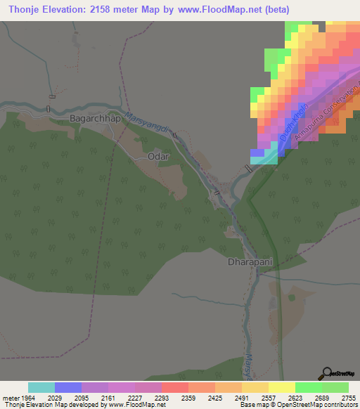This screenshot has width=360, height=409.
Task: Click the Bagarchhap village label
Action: click(95, 119)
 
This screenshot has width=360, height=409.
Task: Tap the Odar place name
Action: click(158, 157)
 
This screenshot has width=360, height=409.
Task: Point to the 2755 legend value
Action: click(348, 398)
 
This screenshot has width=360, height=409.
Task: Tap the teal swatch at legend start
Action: click(41, 387)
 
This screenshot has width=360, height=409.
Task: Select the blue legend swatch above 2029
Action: click(67, 387)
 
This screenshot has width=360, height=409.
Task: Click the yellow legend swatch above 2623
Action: click(281, 387)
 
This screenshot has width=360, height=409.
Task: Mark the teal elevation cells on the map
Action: click(264, 160)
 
